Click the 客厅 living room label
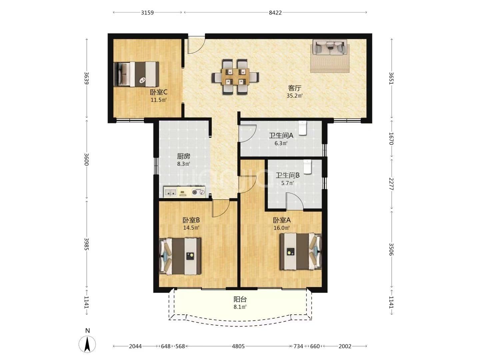click(294, 88)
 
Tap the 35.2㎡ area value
click(294, 96)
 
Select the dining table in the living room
click(235, 77)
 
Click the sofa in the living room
click(330, 47)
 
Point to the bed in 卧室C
click(136, 74)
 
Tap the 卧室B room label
click(191, 220)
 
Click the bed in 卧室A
click(301, 251)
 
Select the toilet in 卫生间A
click(303, 128)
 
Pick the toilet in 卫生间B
click(307, 167)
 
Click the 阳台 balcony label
click(240, 299)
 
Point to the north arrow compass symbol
click(87, 344)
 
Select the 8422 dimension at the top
click(275, 13)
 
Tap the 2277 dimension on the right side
click(391, 184)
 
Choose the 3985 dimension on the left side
click(87, 244)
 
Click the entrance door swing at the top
click(196, 45)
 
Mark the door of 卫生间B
click(295, 201)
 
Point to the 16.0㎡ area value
click(282, 228)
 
